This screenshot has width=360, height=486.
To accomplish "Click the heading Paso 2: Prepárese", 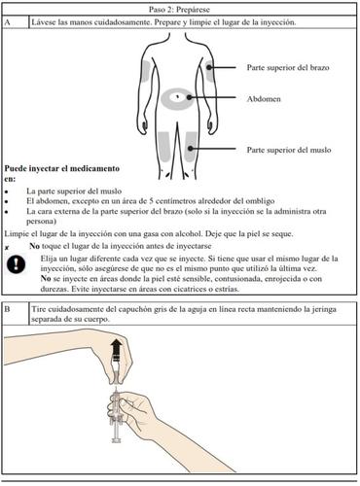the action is [179, 10].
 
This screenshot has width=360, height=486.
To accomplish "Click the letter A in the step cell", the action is [8, 22].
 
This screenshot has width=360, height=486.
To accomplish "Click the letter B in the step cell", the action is [7, 309].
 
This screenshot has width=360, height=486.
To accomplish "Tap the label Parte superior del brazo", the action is [288, 68].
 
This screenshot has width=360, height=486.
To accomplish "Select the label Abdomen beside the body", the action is [264, 99].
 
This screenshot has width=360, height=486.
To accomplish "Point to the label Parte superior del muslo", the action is [289, 150].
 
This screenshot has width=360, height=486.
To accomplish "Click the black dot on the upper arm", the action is [209, 67].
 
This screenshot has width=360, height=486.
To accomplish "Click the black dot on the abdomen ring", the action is [189, 97].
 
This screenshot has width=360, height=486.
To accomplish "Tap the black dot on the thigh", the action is [191, 149].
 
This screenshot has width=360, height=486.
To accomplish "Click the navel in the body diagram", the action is [178, 96].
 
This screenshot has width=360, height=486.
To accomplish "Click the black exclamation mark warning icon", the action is [16, 264].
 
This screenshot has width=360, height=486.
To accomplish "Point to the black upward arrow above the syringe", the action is [116, 348].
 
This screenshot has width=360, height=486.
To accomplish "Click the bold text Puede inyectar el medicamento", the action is [62, 168].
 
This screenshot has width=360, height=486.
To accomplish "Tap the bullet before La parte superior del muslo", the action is [6, 191].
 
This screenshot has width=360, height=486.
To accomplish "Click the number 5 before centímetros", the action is [151, 201].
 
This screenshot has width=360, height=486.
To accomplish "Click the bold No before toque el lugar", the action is [34, 246].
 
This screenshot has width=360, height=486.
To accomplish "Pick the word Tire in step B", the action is [37, 309].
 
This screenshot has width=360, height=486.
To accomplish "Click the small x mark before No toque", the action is [7, 248].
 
